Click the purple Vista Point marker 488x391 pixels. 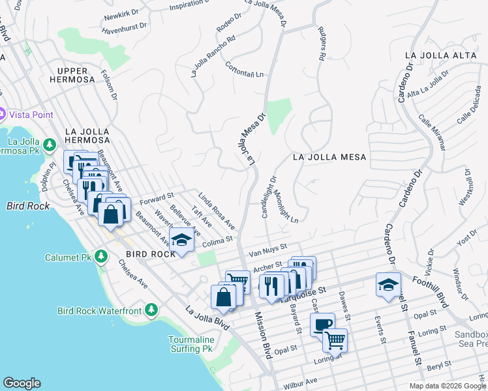click(2, 114)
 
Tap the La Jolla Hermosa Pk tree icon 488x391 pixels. click(50, 143)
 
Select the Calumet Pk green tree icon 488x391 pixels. click(100, 255)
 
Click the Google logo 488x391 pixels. click(22, 383)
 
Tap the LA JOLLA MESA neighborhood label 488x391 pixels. click(329, 157)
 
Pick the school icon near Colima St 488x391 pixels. click(182, 239)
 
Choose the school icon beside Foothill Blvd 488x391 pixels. click(388, 284)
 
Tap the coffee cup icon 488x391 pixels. click(322, 324)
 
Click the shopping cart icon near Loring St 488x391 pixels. click(335, 339)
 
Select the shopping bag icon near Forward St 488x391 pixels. click(112, 213)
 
